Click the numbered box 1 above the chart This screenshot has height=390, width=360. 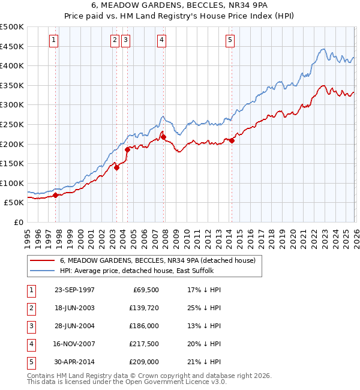[54, 40]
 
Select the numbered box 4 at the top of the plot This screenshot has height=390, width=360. [162, 40]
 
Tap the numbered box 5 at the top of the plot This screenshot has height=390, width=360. [230, 40]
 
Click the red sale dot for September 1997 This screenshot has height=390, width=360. [56, 195]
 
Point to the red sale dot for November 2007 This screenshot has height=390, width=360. [163, 137]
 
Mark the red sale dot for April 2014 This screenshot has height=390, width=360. [232, 140]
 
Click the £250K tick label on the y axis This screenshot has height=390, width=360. [12, 124]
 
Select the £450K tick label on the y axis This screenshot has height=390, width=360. [12, 46]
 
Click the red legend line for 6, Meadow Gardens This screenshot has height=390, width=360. [43, 260]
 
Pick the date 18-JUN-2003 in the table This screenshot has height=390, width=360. [74, 308]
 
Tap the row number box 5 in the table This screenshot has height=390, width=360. [30, 362]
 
